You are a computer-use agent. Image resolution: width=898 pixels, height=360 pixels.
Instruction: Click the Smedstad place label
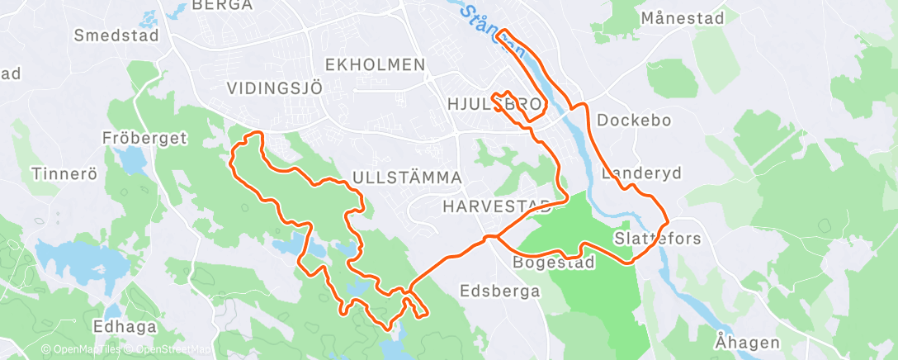coord(111,36)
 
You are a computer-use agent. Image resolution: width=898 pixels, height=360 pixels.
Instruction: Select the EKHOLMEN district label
coord(376,64)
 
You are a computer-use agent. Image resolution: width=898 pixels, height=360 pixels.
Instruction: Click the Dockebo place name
coord(634,120)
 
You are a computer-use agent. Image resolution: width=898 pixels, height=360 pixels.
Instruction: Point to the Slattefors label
coord(657,239)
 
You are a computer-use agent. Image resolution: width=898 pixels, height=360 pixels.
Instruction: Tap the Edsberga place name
coord(500,291)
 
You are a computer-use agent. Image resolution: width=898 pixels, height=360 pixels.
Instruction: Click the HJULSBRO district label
coord(494,105)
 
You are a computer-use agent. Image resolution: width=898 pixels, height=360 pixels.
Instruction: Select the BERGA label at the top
coord(221,5)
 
